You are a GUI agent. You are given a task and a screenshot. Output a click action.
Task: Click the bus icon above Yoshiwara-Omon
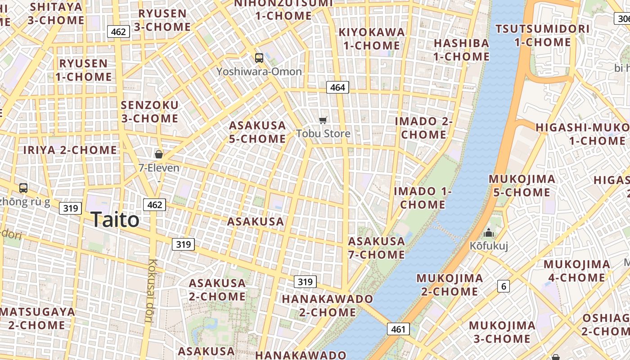tap(259, 58)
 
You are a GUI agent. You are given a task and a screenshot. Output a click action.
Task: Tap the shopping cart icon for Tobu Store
tap(323, 120)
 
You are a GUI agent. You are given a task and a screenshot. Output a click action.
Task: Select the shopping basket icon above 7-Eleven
tap(158, 154)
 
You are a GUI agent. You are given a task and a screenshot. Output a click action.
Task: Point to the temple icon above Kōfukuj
tap(488, 233)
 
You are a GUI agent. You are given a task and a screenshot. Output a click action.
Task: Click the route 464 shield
tap(337, 87)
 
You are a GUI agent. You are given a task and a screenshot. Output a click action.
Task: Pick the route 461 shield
tap(398, 329)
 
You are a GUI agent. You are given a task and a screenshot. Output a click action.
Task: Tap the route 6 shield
tap(504, 286)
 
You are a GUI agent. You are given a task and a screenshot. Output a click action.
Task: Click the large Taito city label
tap(115, 220)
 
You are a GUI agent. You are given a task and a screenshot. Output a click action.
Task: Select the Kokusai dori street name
tap(151, 291)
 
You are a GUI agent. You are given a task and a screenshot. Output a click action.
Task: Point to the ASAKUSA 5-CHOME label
tap(257, 132)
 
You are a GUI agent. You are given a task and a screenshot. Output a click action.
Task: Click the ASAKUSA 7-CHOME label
tap(377, 248)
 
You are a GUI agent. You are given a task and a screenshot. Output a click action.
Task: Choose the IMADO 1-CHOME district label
tap(423, 198)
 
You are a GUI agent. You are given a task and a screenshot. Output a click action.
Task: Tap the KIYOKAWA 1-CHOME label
tap(372, 39)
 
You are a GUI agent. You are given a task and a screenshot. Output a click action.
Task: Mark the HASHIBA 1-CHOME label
tap(461, 49)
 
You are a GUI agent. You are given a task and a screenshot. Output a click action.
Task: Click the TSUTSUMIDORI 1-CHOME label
tap(542, 36)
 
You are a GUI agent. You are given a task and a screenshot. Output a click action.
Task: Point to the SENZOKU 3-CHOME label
tap(150, 112)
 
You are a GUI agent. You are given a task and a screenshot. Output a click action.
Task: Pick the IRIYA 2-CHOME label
tap(70, 150)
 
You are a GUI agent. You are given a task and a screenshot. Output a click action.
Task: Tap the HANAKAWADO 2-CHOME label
tap(327, 305)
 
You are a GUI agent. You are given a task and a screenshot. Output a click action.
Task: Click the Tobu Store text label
tap(323, 133)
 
